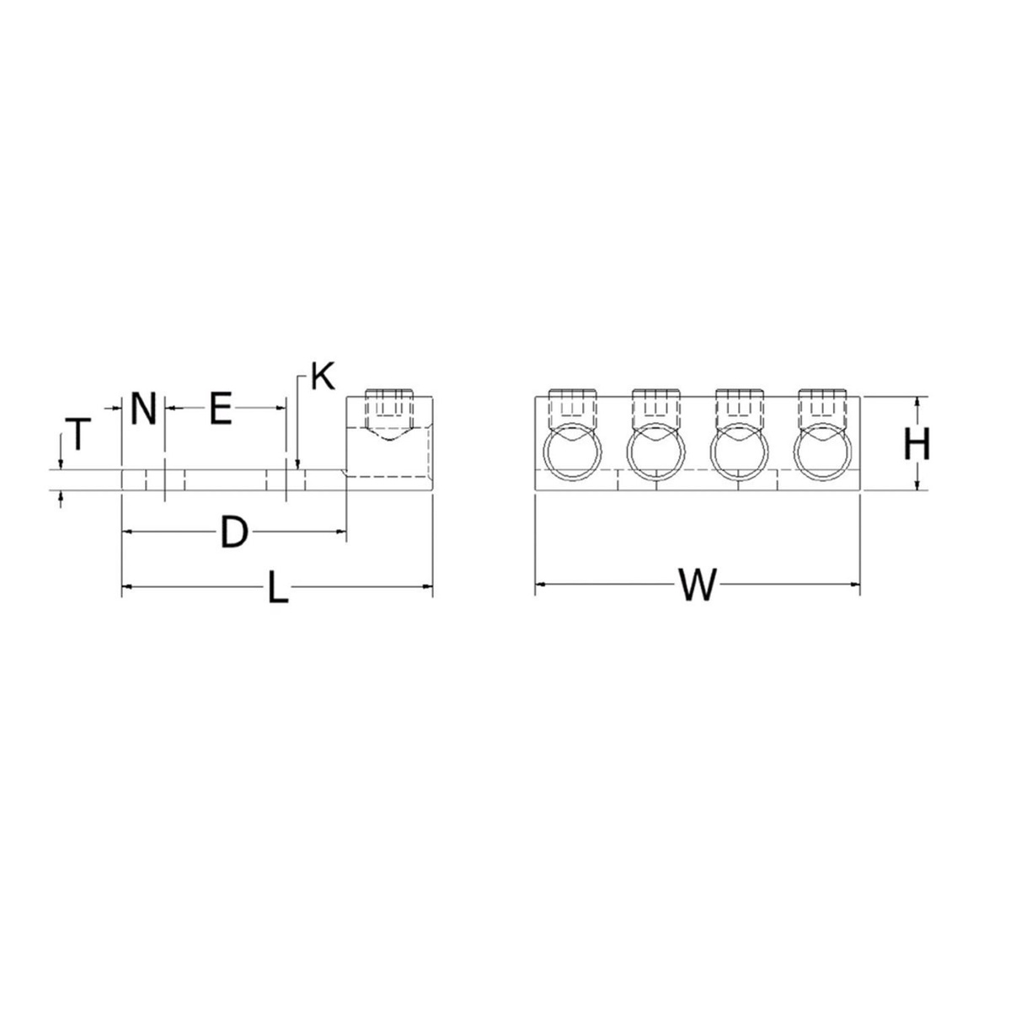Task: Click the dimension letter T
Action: click(78, 435)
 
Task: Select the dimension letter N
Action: click(143, 410)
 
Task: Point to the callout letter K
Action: click(321, 377)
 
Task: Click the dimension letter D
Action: click(234, 532)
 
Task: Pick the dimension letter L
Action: click(277, 587)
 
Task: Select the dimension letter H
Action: click(917, 444)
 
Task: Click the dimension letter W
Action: click(698, 585)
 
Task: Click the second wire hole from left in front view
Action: click(656, 455)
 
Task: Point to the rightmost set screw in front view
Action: click(822, 406)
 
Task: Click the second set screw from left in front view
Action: click(656, 406)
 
